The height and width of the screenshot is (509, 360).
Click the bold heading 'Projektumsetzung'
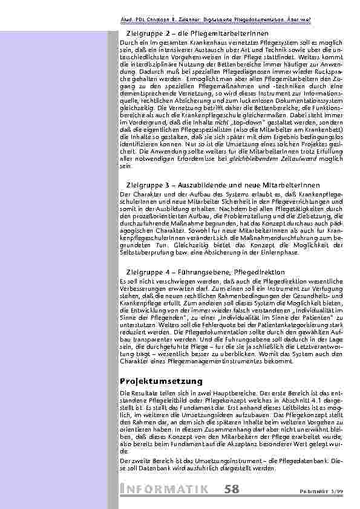[160, 381]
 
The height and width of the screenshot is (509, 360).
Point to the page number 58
[231, 488]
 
